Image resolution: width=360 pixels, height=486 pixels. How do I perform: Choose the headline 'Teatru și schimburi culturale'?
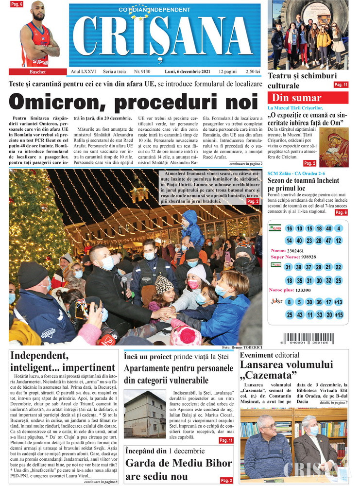pyautogui.click(x=302, y=81)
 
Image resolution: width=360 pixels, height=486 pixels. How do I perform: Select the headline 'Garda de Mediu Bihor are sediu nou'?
pyautogui.click(x=178, y=469)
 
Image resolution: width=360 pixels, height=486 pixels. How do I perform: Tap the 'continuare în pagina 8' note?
pyautogui.click(x=101, y=482)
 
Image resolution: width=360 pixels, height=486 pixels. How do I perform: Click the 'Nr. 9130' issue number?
pyautogui.click(x=144, y=71)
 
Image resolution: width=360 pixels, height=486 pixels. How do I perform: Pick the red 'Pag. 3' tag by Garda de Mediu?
pyautogui.click(x=226, y=480)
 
